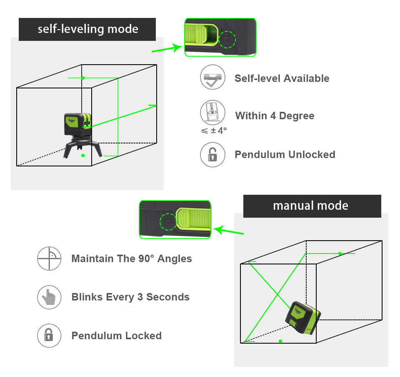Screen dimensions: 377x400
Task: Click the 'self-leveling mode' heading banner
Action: coord(87,29)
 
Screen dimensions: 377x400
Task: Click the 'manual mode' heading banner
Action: coord(312,206)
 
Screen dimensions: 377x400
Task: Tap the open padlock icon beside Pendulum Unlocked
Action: coord(212,155)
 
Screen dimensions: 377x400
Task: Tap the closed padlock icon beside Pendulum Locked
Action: coord(49,336)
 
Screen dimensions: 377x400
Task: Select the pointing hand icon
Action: coord(49,297)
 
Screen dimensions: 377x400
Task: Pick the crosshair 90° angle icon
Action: coord(49,259)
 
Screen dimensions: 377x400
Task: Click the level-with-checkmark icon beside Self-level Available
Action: coord(212,78)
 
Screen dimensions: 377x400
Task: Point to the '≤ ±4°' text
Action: coord(214,131)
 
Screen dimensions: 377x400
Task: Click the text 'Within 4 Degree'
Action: coord(275,116)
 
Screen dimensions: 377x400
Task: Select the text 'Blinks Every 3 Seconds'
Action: coord(130,297)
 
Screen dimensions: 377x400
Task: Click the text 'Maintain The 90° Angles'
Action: coord(132,259)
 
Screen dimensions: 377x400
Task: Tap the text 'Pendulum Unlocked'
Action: coord(285,155)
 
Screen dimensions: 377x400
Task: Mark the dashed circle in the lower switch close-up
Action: coord(168,220)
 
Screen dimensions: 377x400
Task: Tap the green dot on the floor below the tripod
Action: coord(83,156)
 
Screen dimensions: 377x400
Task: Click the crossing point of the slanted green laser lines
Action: coord(278,295)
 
